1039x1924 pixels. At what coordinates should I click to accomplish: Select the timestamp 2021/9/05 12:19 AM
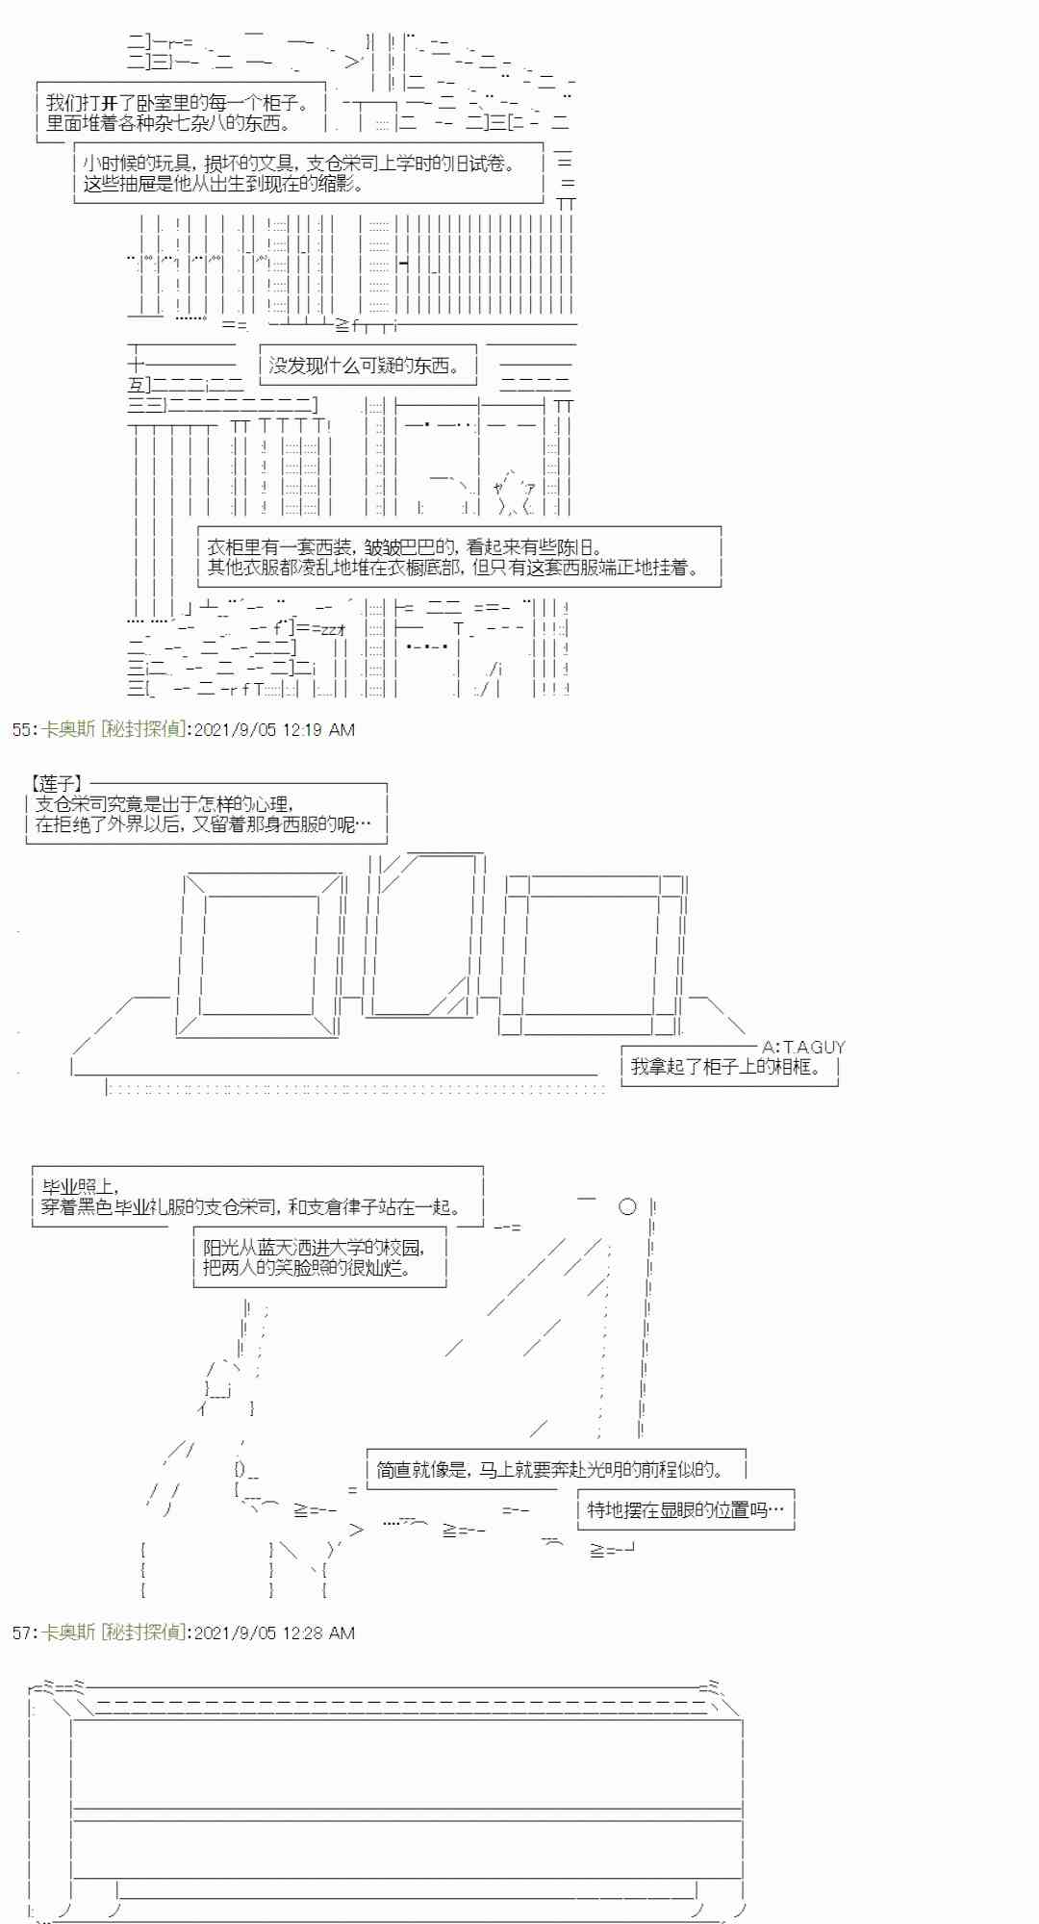pos(274,730)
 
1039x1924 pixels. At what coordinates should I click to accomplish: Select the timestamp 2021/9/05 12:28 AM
pos(274,1633)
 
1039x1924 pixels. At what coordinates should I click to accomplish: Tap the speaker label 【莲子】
pos(56,785)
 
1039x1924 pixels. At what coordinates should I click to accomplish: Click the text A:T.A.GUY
pos(803,1047)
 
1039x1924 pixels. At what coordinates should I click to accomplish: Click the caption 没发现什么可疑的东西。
pos(364,366)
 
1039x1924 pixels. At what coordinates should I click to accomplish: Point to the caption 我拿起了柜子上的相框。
pos(727,1067)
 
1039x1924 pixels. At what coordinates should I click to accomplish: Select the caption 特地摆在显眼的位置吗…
pos(685,1509)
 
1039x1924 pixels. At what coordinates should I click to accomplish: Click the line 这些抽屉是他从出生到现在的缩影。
pos(223,184)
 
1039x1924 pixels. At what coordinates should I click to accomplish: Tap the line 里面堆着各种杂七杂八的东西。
pos(168,123)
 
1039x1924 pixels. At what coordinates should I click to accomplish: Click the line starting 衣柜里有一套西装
pos(404,547)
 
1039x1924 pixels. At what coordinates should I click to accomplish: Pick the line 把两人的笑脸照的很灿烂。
pos(308,1268)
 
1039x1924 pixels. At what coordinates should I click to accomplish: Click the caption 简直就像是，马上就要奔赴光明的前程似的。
pos(548,1470)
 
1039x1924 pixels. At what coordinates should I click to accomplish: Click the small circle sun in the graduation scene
pos(627,1206)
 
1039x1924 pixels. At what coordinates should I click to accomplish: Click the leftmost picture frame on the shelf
pos(261,953)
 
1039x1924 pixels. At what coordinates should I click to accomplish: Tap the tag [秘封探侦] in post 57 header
pos(144,1633)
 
